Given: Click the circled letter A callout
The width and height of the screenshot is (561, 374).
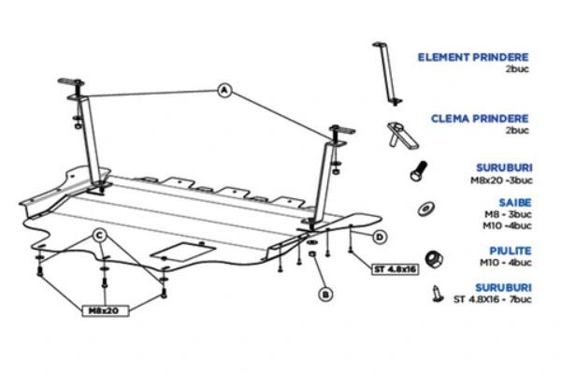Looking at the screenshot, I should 224,90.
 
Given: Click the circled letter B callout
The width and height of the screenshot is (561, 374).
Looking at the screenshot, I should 325,295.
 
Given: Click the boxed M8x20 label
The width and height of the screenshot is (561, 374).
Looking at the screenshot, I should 104,308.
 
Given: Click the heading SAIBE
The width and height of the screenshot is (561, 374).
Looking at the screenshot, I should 514,203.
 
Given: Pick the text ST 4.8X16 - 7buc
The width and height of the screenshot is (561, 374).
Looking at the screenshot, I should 492,299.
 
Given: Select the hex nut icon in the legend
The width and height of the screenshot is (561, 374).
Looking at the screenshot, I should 433,257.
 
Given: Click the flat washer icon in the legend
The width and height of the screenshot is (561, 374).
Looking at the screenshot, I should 427,209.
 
